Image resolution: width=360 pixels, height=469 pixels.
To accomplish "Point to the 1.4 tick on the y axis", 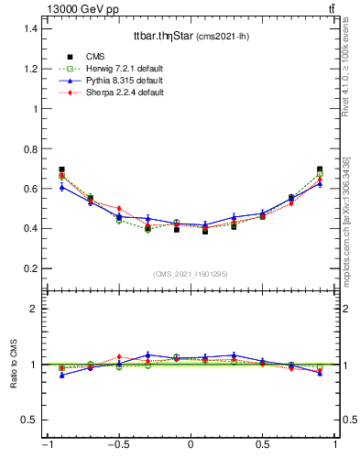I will tap(30, 28).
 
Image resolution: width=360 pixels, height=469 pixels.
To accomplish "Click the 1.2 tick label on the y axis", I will tap(30, 69).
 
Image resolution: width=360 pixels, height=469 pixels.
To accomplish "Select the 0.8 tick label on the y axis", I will tap(30, 148).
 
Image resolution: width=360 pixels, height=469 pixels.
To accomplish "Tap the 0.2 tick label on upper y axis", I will tap(30, 268).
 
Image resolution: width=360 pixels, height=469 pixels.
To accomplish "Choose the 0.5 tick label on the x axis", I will tap(263, 445).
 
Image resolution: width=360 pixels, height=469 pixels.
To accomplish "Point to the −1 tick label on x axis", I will tap(46, 445).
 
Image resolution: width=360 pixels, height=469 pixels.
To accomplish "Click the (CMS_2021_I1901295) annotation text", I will tap(191, 275).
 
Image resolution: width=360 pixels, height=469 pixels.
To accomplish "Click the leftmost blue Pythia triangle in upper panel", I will tap(61, 187).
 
